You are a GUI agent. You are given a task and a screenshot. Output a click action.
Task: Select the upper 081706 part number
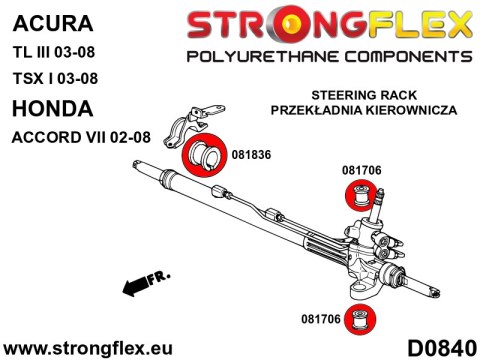pyautogui.click(x=362, y=171)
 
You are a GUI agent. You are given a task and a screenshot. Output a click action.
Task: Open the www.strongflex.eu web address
pyautogui.click(x=91, y=346)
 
